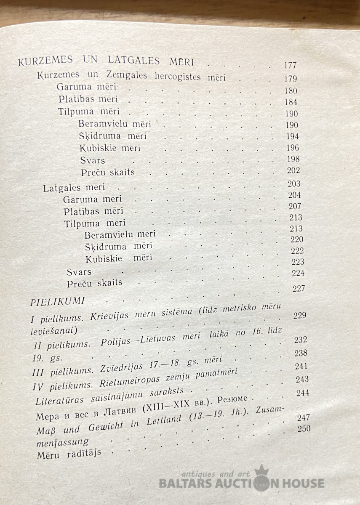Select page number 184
click(291, 102)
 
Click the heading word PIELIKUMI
click(58, 301)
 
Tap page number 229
click(299, 315)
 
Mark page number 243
click(302, 379)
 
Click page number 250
click(303, 429)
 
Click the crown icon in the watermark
click(261, 472)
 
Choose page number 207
click(295, 206)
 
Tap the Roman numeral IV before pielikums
click(38, 385)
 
